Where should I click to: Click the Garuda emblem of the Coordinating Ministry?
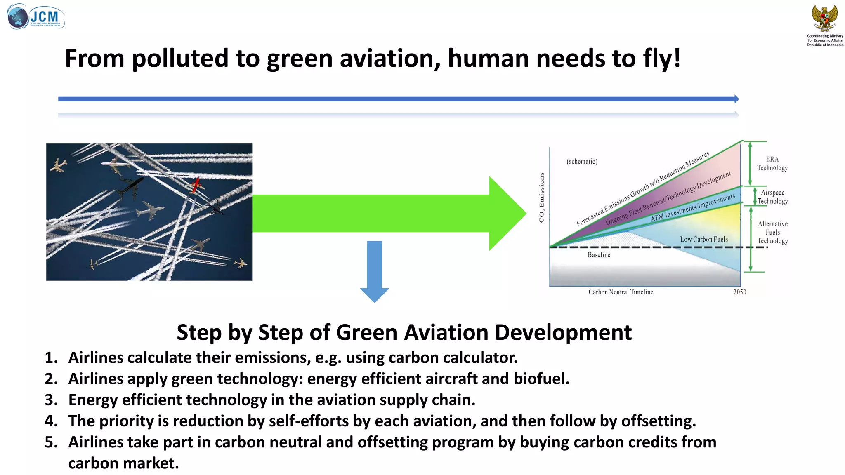(x=824, y=18)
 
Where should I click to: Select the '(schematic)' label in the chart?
(x=582, y=162)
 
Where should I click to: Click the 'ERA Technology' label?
(x=772, y=163)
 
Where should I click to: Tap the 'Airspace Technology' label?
(x=772, y=197)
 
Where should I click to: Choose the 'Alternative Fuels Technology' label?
(x=772, y=232)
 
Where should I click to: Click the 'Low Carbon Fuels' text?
(x=704, y=239)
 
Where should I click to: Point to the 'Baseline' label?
(x=599, y=255)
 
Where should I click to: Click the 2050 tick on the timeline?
(x=740, y=292)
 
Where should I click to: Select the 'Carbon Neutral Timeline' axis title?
(x=621, y=292)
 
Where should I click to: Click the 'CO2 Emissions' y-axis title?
(x=542, y=198)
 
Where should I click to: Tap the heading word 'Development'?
(x=563, y=332)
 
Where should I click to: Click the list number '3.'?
(x=51, y=400)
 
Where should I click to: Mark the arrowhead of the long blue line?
(x=736, y=99)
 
